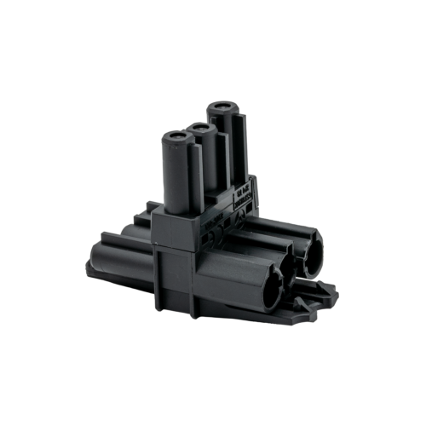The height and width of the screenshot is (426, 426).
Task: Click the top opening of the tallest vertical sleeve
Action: [x=221, y=109]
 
